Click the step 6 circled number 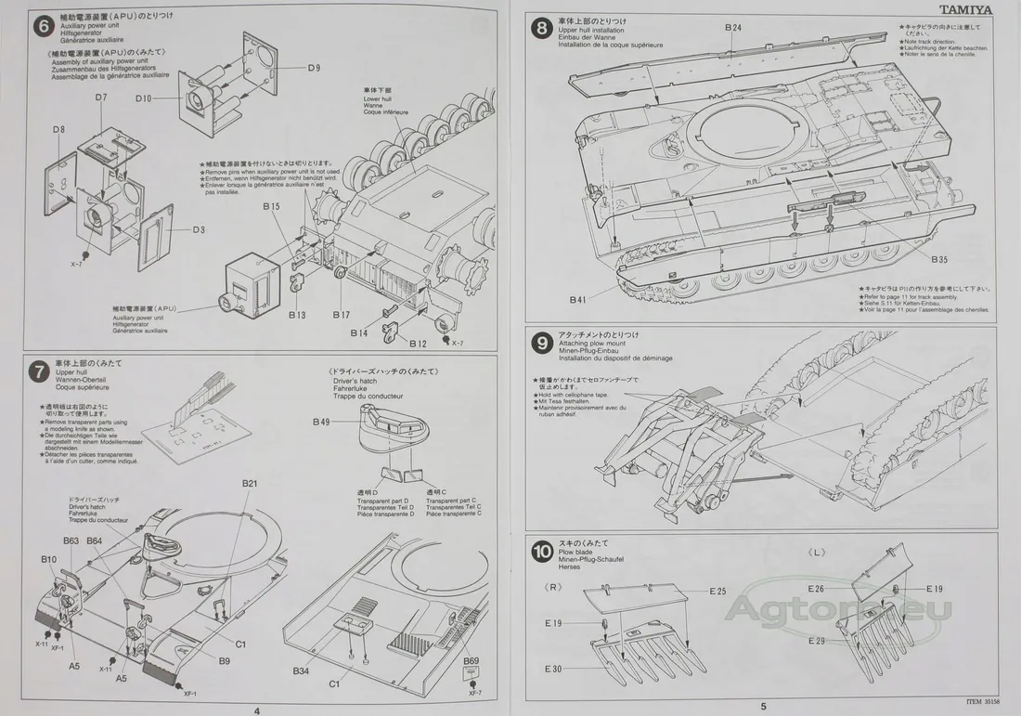(x=42, y=26)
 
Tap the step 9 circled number (x=540, y=342)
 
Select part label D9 (x=314, y=68)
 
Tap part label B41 (x=578, y=300)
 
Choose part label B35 (x=939, y=259)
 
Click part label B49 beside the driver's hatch (x=321, y=423)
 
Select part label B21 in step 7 (x=250, y=484)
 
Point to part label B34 (x=301, y=670)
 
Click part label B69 (x=472, y=661)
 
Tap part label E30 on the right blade (x=553, y=670)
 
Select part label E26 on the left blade (x=816, y=589)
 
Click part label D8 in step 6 (x=58, y=129)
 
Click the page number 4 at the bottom (x=256, y=708)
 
